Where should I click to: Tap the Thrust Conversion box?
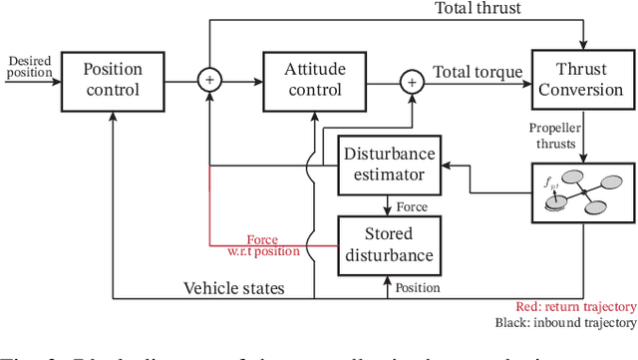582,81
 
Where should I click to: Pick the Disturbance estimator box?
389,165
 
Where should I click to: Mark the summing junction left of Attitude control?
210,81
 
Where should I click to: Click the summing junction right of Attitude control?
411,81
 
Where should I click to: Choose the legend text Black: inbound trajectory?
564,323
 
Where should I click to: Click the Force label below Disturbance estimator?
413,206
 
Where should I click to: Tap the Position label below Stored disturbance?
416,287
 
